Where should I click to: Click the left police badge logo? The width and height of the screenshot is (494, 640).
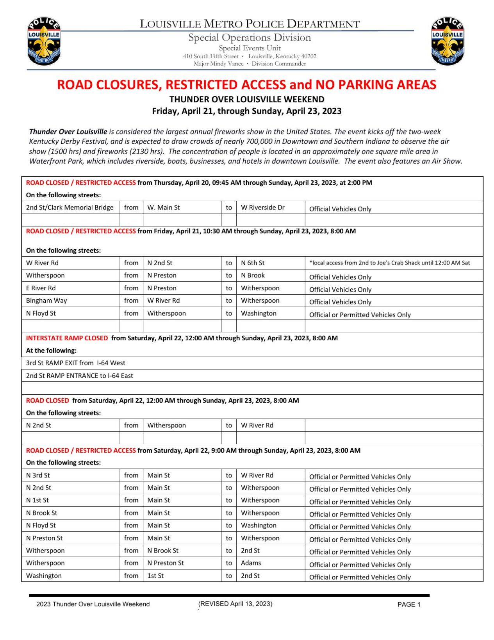point(44,41)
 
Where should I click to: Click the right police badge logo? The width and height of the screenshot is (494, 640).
point(447,41)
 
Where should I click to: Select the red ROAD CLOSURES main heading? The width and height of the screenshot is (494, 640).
point(246,85)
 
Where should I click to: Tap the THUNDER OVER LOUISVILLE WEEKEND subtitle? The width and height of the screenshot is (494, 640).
point(246,99)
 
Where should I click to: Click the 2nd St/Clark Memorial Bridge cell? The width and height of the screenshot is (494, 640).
point(70,207)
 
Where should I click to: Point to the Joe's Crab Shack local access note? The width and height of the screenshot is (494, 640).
point(389,263)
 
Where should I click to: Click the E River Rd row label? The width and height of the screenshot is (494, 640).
point(41,288)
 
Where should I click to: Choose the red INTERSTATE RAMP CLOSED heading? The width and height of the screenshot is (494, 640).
point(67,338)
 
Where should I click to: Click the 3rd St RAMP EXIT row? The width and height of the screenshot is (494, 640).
point(75,363)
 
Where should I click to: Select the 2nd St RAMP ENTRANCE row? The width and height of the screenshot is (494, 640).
point(79,375)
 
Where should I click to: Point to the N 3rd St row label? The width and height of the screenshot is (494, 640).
point(38,475)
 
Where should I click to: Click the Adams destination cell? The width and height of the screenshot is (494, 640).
point(251,563)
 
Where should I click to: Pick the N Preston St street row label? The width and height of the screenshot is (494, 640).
point(44,538)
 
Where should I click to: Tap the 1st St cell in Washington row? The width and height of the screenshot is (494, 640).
point(155,576)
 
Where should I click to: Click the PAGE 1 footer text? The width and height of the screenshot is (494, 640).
point(408,604)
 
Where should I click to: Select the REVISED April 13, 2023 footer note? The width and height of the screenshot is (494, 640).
point(235,604)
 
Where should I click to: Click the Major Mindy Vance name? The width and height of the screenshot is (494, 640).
point(218,64)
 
